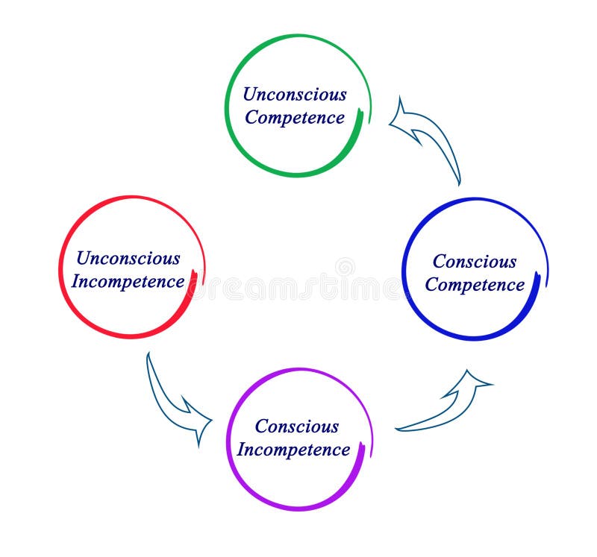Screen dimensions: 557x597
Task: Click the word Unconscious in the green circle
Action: click(295, 95)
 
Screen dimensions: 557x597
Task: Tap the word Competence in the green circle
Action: click(295, 118)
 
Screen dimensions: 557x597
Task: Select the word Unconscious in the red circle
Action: click(128, 259)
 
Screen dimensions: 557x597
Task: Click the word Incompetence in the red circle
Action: click(128, 282)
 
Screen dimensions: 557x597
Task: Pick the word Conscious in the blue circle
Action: click(475, 262)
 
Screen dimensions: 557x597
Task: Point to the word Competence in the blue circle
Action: click(475, 285)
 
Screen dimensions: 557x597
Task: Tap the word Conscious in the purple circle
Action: click(297, 427)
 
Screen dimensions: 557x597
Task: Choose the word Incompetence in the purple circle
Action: click(293, 450)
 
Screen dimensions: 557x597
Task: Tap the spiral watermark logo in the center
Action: click(345, 267)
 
